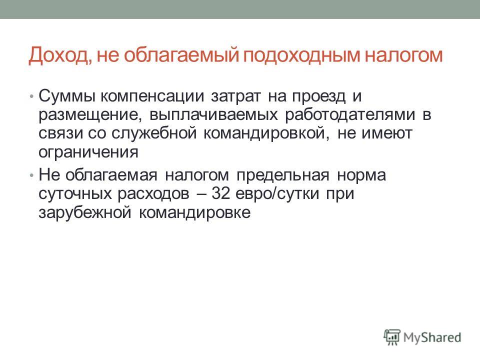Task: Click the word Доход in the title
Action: (x=58, y=55)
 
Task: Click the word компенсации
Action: (x=152, y=96)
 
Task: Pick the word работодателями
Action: (x=350, y=115)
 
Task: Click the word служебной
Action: (x=154, y=133)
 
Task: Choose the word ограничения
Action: (x=88, y=152)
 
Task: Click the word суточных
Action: (x=75, y=194)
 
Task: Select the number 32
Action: (x=220, y=193)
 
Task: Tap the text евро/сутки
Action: (x=277, y=194)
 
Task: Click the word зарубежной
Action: (x=85, y=212)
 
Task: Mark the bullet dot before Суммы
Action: (x=31, y=96)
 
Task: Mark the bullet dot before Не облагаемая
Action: (x=31, y=175)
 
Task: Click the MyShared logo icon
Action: (x=392, y=337)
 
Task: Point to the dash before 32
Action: (x=201, y=194)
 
